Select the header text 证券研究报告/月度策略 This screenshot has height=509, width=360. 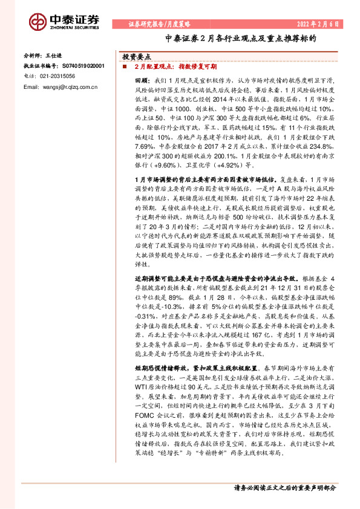click(159, 24)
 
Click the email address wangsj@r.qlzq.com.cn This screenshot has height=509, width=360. click(63, 88)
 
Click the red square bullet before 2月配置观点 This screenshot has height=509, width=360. click(125, 66)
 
